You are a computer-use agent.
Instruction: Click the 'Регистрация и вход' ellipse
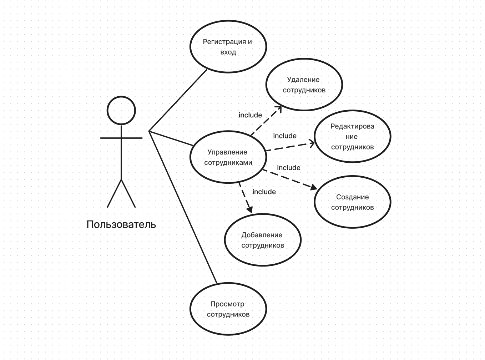click(x=228, y=47)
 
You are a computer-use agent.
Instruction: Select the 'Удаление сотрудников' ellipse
click(x=304, y=85)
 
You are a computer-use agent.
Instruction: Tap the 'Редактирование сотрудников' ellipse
click(x=352, y=136)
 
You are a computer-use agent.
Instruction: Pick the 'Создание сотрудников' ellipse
click(x=352, y=202)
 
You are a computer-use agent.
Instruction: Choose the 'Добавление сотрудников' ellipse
click(x=263, y=240)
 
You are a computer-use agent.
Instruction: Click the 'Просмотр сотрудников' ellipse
click(x=228, y=309)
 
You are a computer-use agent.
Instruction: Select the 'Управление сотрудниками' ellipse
click(x=228, y=157)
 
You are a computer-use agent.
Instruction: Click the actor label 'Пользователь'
click(x=121, y=224)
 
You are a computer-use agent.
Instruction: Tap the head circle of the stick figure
click(x=121, y=110)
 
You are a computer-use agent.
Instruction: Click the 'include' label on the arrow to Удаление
click(x=250, y=115)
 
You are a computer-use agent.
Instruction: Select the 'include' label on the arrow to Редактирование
click(x=285, y=136)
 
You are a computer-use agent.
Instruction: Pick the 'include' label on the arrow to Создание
click(x=289, y=168)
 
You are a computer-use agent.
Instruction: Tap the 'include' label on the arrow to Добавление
click(x=264, y=192)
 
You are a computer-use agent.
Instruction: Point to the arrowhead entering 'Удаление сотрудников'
click(x=279, y=108)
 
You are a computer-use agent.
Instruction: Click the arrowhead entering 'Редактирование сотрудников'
click(x=312, y=143)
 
